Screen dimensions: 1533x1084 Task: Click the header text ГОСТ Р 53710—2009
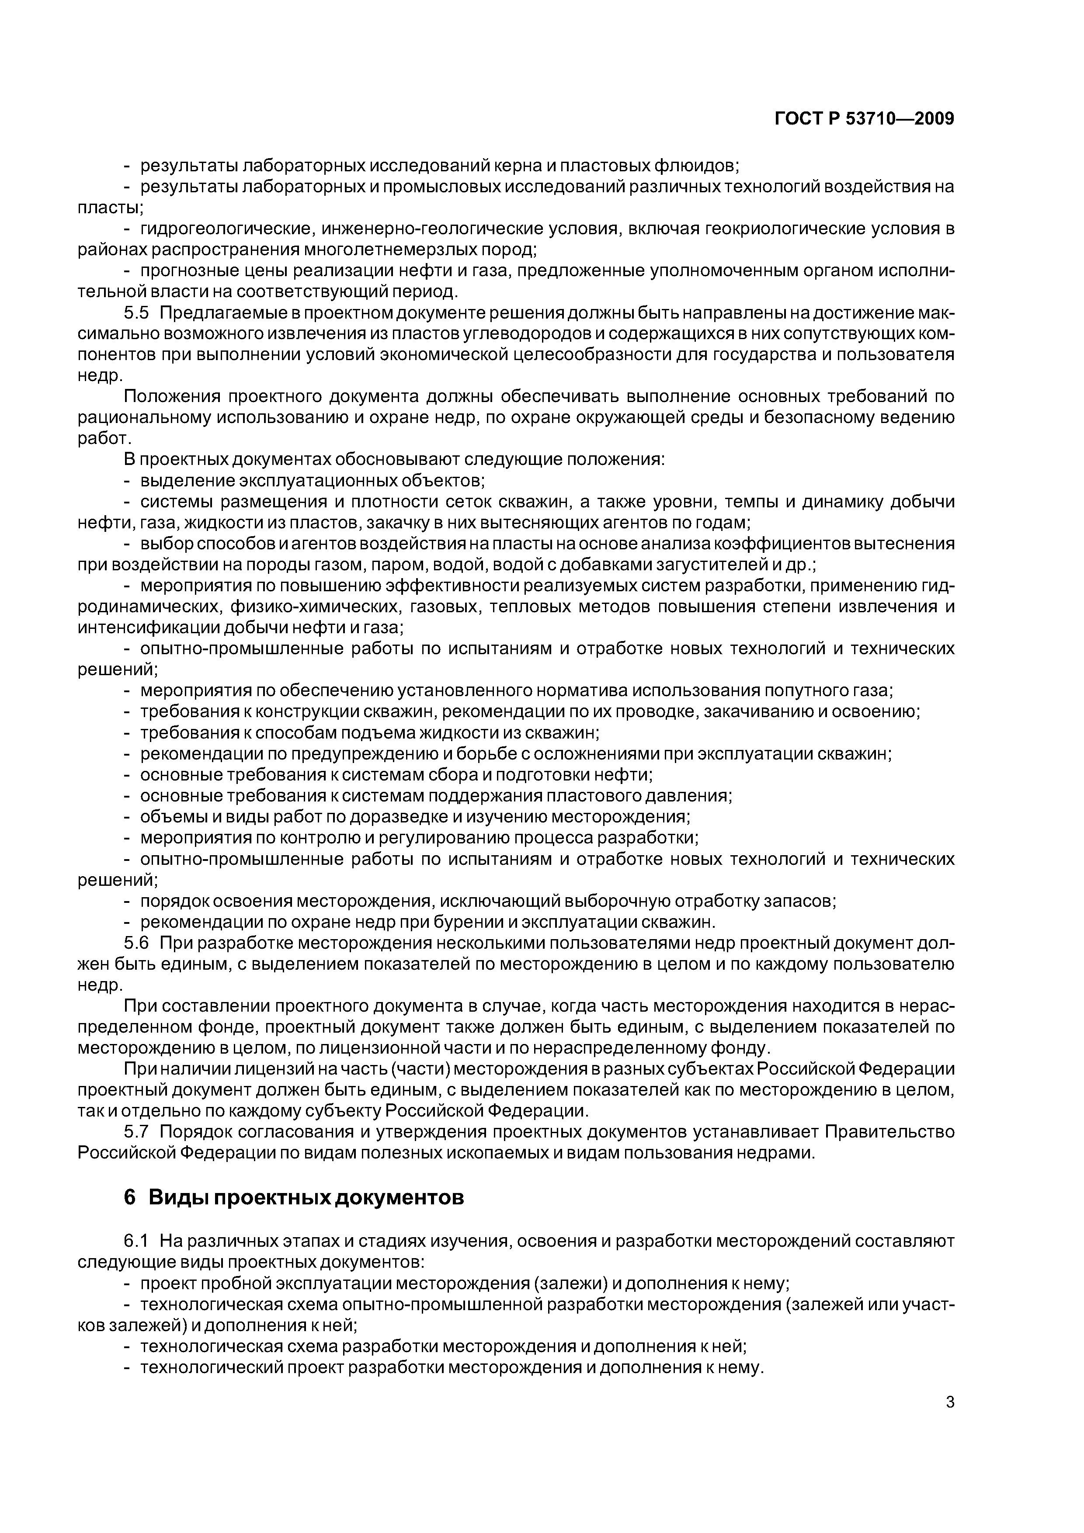point(864,119)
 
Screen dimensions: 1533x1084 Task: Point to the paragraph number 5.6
point(137,943)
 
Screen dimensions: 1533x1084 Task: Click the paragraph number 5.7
point(137,1132)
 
